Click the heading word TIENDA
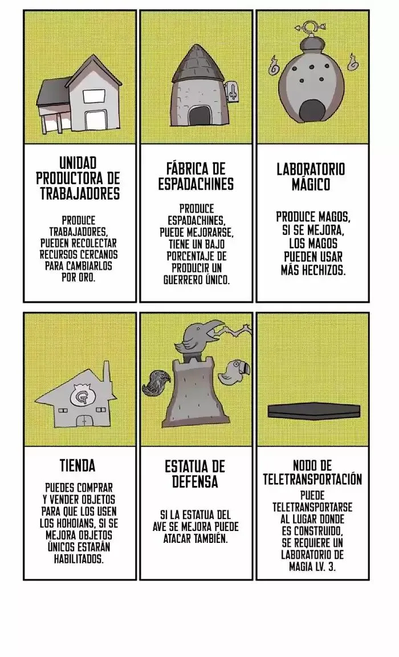tap(78, 465)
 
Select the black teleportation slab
tap(314, 411)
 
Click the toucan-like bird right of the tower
tap(236, 372)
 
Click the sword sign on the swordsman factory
tap(232, 91)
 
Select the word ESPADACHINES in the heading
tap(196, 185)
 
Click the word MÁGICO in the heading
tap(311, 184)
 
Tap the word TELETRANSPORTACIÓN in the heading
tap(312, 479)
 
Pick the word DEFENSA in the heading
tap(196, 481)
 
